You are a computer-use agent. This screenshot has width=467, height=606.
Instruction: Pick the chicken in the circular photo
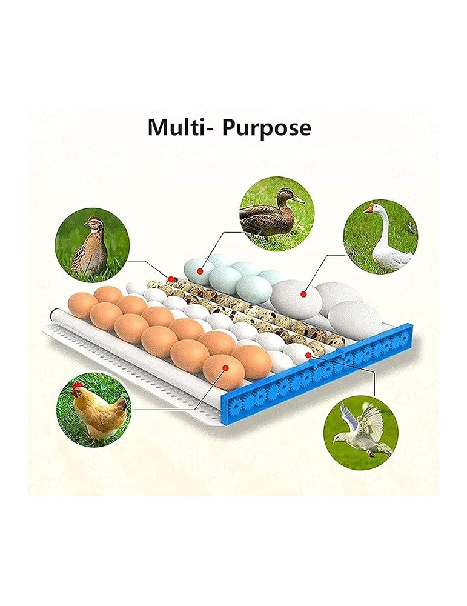[x=101, y=411]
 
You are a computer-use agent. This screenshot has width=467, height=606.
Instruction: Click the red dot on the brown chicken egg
[x=225, y=367]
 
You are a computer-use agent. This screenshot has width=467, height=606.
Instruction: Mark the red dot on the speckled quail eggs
[x=172, y=279]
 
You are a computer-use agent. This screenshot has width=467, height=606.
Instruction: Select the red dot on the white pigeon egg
[x=308, y=355]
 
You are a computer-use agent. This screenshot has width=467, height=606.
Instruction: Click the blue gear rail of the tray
[x=315, y=376]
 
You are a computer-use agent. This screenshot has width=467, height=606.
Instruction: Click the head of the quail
[x=92, y=222]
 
